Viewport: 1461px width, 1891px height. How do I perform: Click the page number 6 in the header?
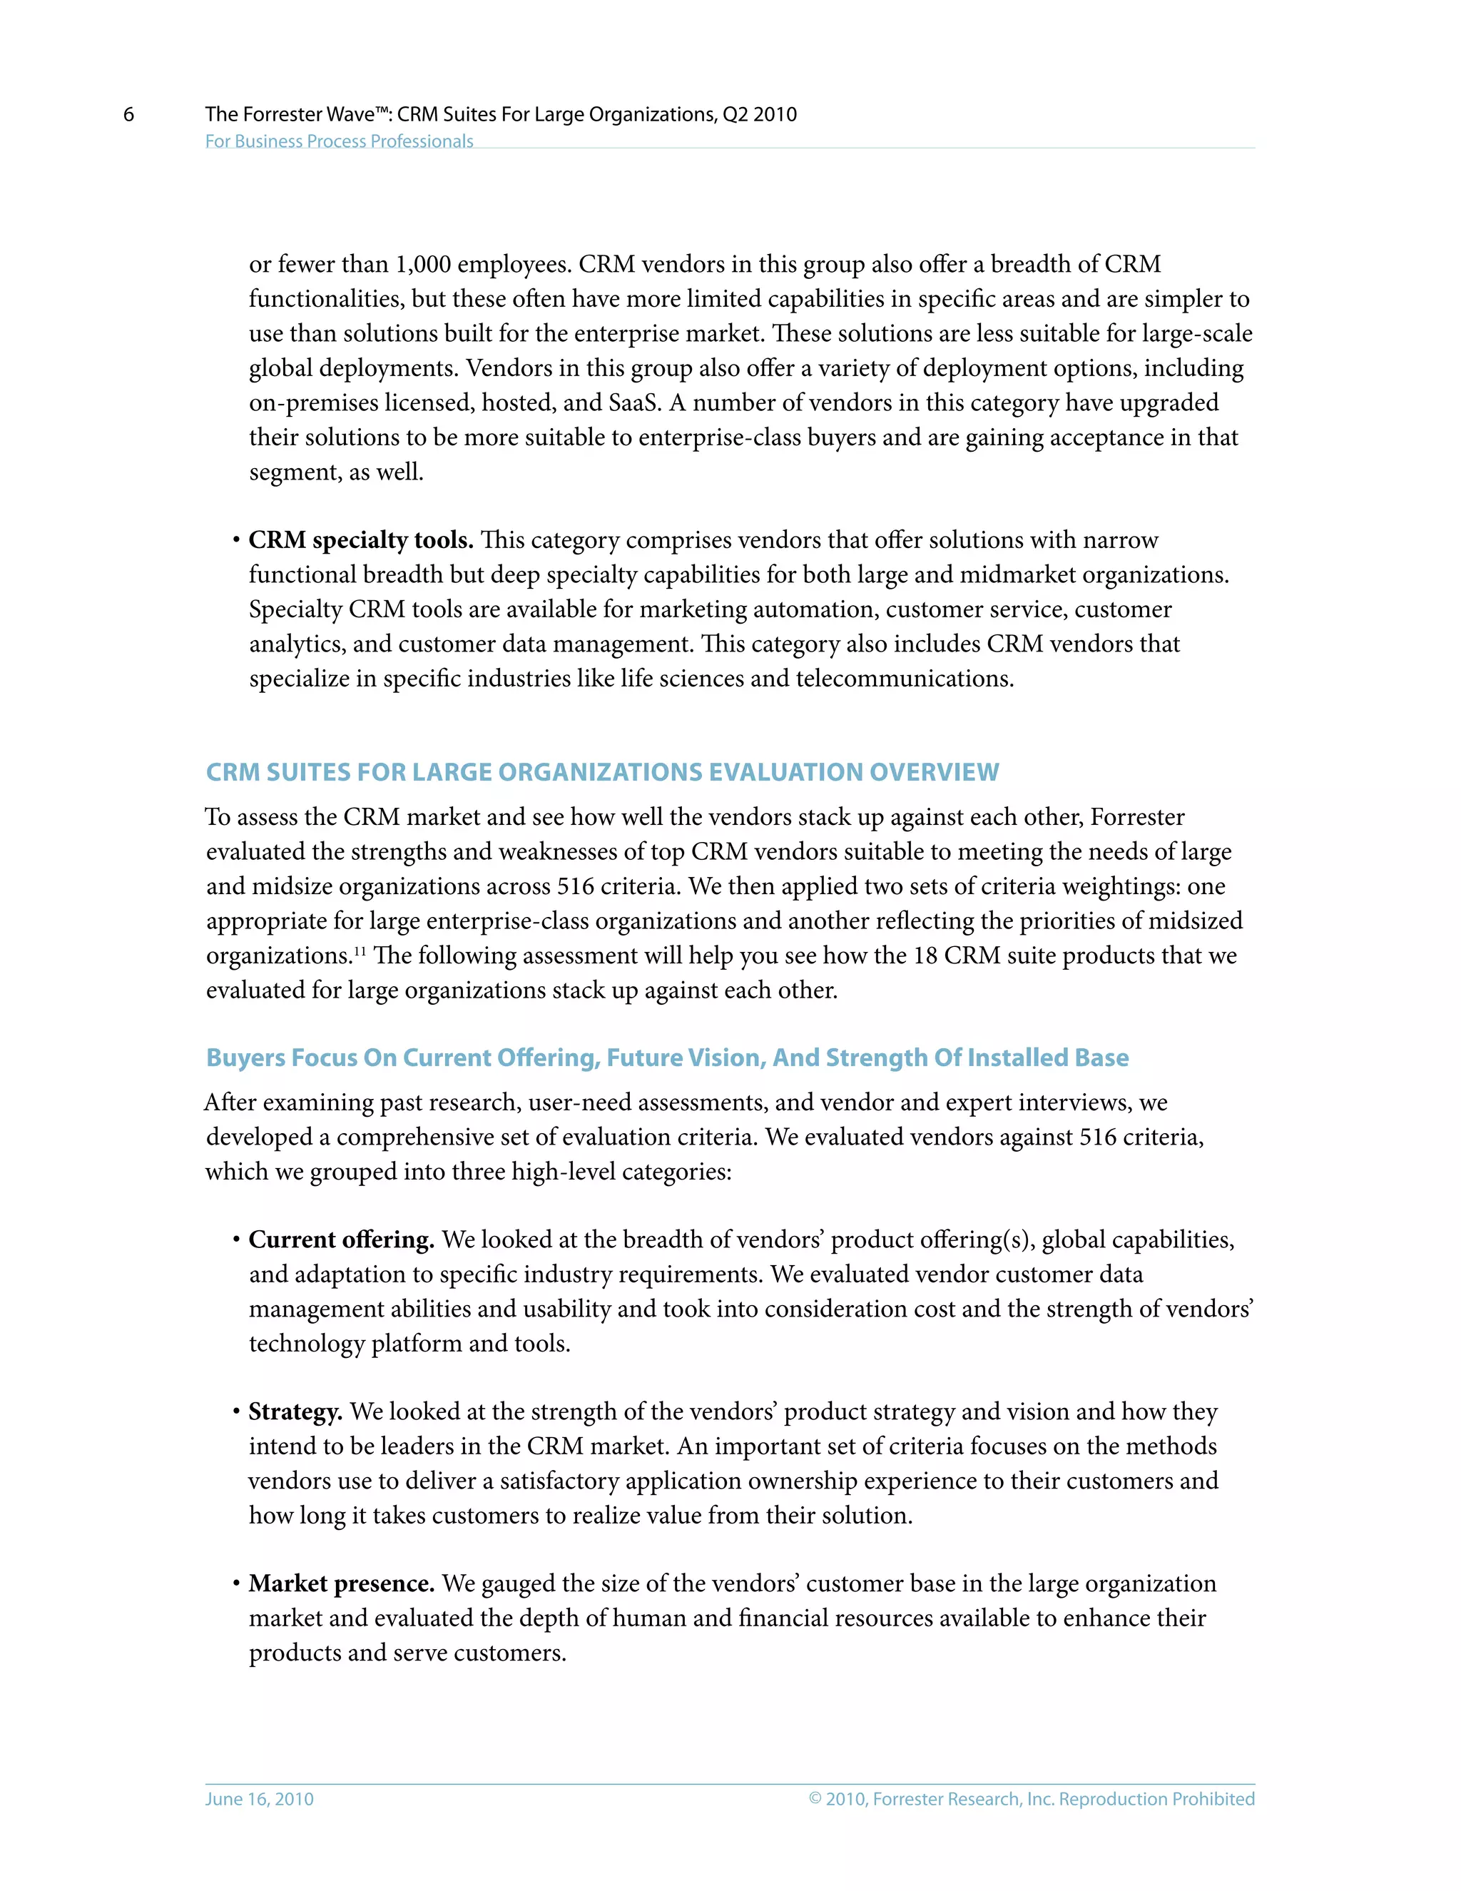click(129, 114)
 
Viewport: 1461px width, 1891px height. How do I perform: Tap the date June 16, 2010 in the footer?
click(259, 1798)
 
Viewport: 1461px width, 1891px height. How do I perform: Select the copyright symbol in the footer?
click(815, 1798)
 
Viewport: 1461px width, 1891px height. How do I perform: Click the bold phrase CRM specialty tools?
click(361, 540)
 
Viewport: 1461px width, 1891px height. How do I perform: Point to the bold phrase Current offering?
click(341, 1240)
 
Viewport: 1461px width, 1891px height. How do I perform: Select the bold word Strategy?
click(295, 1412)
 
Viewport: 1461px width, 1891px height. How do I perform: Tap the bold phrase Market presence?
click(341, 1583)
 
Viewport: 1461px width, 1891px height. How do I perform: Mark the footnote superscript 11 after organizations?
click(360, 950)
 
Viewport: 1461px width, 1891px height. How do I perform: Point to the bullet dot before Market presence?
click(235, 1584)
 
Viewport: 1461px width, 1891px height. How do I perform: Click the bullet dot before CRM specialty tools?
click(235, 541)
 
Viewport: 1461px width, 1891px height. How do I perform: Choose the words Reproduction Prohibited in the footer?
click(1156, 1798)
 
